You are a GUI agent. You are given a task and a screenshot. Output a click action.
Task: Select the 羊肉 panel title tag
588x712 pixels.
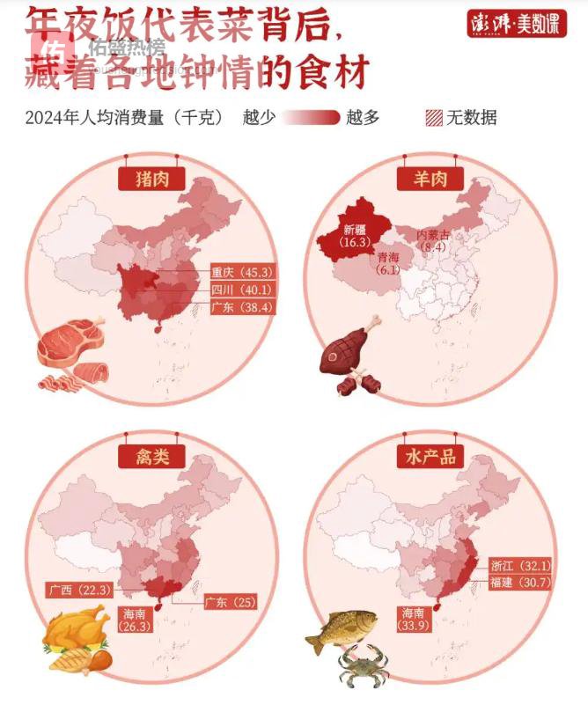click(x=430, y=180)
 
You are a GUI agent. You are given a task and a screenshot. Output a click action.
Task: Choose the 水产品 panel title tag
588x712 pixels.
click(x=430, y=456)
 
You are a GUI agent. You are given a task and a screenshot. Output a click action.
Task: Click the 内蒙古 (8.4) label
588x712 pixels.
click(x=433, y=240)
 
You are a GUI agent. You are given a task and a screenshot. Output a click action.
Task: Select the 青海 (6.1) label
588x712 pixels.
click(x=388, y=264)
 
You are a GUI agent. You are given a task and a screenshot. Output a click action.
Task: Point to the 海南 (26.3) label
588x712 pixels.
click(x=136, y=620)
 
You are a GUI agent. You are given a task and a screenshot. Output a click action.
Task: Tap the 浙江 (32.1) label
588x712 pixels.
click(x=520, y=565)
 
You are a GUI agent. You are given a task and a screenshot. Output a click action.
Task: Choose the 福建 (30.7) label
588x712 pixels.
click(x=520, y=583)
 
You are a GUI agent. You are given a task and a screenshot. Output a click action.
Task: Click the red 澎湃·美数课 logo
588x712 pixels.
click(x=516, y=24)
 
